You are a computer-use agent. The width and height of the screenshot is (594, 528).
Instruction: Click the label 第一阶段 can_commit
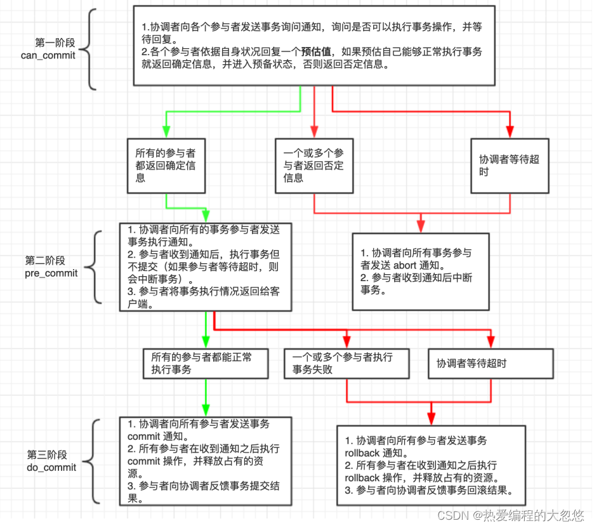coord(55,49)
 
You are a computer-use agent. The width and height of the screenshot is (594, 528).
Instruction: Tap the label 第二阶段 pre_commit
coord(51,267)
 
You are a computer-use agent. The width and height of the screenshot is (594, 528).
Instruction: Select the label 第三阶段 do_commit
coord(51,461)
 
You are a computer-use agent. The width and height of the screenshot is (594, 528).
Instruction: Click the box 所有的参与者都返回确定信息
coord(166,165)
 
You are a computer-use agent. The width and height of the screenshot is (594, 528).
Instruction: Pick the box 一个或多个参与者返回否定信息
coord(314,165)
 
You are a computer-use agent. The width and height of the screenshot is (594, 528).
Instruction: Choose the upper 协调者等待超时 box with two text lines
coord(510,165)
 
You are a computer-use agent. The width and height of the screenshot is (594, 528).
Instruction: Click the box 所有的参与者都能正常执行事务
coord(206,363)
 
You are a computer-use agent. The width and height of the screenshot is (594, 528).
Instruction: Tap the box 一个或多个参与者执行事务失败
coord(347,363)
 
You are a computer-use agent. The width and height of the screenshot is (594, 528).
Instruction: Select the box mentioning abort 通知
coord(421,271)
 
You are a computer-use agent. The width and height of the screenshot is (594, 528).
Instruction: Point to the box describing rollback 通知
coord(431,465)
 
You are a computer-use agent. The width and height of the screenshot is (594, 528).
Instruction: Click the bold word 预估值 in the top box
coord(314,51)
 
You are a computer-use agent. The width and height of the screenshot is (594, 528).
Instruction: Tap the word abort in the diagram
coord(404,265)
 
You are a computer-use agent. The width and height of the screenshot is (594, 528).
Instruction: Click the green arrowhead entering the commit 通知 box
coord(206,411)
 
